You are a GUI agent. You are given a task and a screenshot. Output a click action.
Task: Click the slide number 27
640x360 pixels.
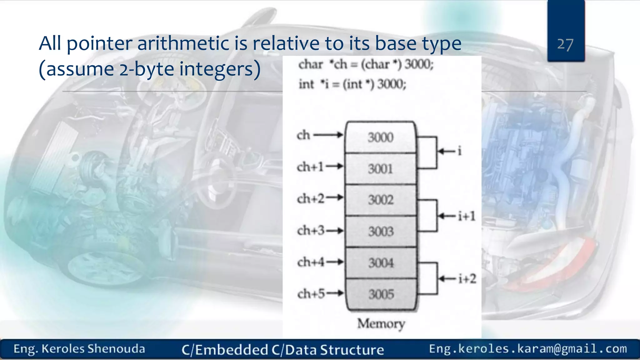(x=565, y=44)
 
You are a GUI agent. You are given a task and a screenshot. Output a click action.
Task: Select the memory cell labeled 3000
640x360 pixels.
(x=380, y=137)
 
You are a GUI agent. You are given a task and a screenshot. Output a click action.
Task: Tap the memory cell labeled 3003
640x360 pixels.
(x=381, y=232)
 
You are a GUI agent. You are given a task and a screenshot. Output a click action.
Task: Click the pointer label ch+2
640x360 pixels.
(x=311, y=198)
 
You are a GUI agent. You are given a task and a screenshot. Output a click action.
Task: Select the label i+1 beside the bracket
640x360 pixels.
(x=467, y=216)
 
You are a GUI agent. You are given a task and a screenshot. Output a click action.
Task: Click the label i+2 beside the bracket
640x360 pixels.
(x=467, y=278)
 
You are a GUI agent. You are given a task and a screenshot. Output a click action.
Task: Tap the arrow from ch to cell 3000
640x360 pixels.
(x=328, y=135)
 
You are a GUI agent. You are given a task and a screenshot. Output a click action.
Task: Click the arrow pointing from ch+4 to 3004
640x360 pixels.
(x=335, y=262)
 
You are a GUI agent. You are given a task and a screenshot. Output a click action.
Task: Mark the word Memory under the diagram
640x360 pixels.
(x=381, y=324)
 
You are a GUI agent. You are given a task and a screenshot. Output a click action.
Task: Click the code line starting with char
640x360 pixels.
(x=366, y=65)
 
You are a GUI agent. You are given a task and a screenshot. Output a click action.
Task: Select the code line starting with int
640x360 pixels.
(x=352, y=84)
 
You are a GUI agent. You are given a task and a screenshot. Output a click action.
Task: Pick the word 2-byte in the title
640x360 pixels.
(x=147, y=69)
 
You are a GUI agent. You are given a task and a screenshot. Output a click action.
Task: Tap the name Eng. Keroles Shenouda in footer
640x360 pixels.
(x=79, y=349)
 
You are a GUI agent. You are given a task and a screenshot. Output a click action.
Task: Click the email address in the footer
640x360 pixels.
(x=527, y=348)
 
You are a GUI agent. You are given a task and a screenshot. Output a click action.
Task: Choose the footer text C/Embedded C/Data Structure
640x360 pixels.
(x=282, y=350)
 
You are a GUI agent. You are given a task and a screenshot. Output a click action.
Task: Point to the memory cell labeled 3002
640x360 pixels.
(x=381, y=200)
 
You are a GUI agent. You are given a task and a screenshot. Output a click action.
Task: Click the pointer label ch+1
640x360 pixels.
(x=310, y=167)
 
